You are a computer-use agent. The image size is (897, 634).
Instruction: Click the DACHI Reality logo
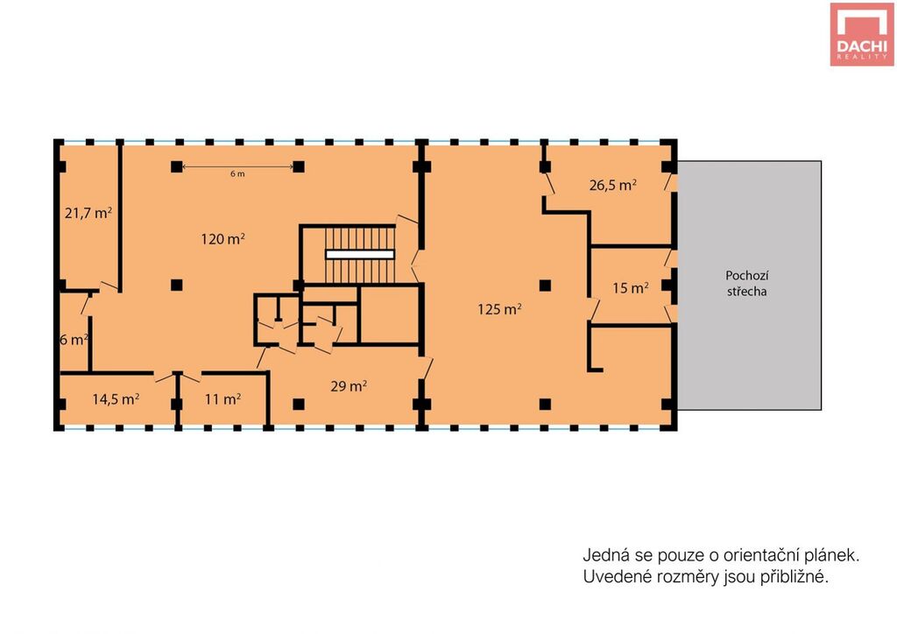862,34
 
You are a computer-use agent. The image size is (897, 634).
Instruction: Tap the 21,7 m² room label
88,214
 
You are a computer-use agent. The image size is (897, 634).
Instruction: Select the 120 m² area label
223,239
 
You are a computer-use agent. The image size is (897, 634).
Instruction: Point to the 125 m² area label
499,309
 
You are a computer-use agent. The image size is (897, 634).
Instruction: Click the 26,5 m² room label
613,186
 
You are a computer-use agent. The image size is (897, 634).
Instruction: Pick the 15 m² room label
631,288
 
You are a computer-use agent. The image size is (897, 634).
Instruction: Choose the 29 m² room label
349,386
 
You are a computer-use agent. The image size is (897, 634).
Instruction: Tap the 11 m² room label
222,399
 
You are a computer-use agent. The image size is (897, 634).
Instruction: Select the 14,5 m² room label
117,399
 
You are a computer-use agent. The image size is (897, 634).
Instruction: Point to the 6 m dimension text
237,173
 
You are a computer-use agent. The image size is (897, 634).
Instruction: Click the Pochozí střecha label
746,283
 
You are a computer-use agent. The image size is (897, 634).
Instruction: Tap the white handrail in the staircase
360,255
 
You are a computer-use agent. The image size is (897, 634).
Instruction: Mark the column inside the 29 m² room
299,405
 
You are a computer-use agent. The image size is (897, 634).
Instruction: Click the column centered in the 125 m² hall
545,285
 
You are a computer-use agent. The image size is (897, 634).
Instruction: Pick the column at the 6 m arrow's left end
177,167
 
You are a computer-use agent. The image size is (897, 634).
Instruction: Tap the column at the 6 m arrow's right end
299,167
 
